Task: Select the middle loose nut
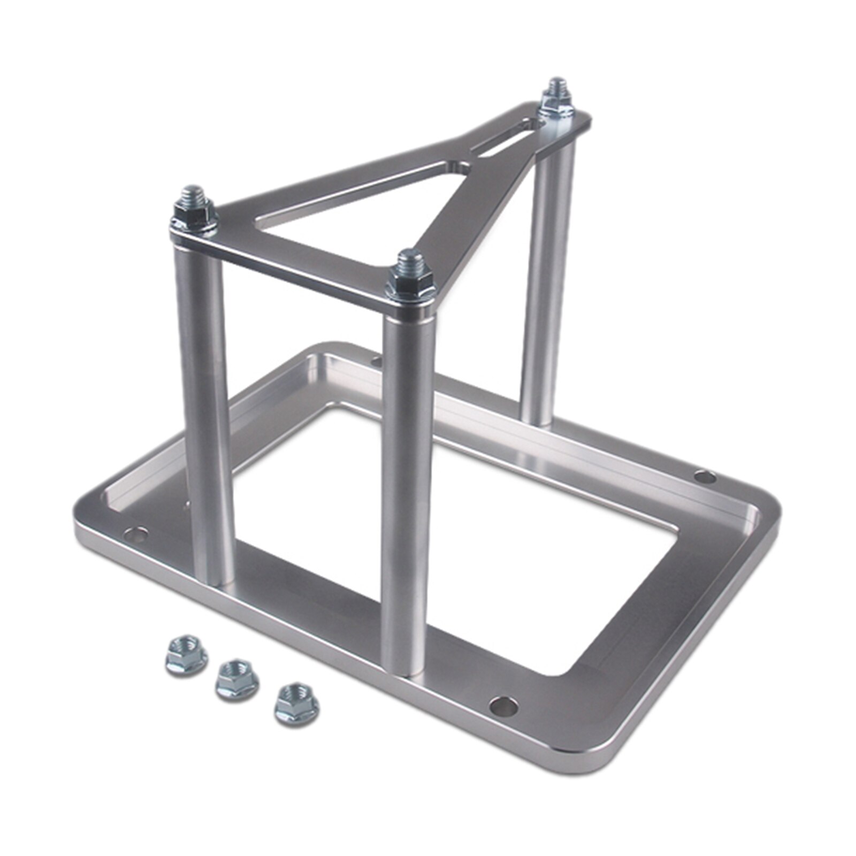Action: click(x=237, y=678)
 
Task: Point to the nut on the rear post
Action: click(x=556, y=102)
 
